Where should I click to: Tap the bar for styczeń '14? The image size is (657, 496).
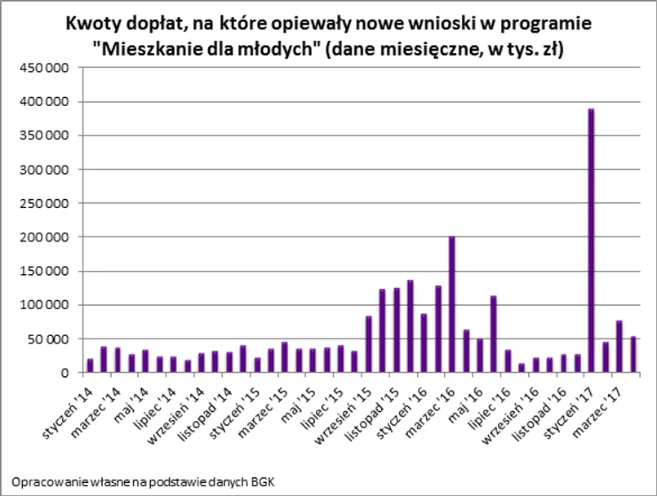tap(90, 365)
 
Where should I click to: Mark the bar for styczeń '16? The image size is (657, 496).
tap(424, 343)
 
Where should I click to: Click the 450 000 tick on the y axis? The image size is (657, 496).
tap(44, 68)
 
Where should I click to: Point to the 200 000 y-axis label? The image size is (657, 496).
tap(44, 237)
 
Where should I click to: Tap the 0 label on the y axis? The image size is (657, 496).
tap(64, 374)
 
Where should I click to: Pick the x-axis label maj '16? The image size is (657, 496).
tap(465, 395)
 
